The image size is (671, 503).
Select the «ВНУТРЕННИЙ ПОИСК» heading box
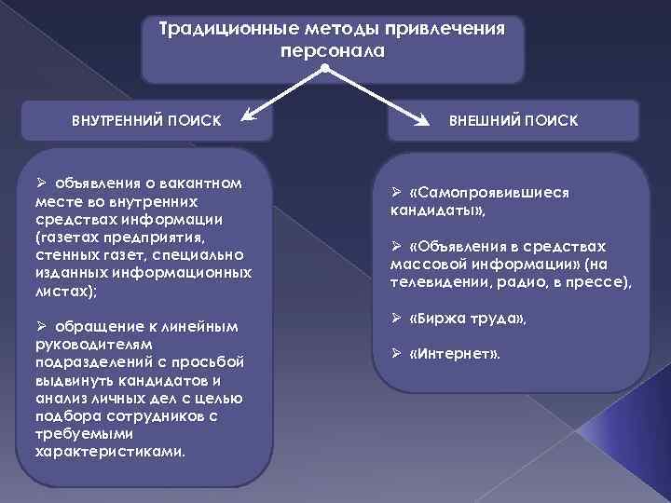tap(146, 121)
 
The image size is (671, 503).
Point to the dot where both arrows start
tap(323, 69)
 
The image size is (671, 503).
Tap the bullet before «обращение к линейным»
tap(40, 327)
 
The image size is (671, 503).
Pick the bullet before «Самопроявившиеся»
tap(396, 192)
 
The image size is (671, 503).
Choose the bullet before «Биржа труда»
tap(396, 319)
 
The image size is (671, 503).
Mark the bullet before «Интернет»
tap(396, 354)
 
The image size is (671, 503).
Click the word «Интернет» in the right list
tap(456, 354)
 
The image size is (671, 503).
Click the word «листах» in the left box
tap(61, 292)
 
